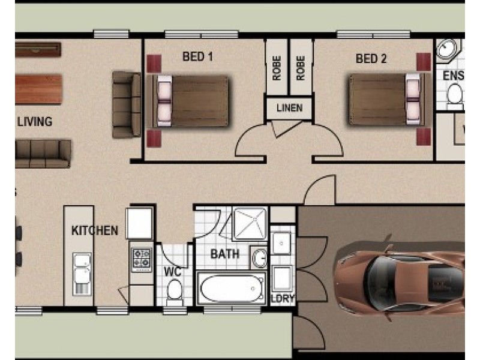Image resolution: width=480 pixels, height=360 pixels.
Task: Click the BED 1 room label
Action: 198,58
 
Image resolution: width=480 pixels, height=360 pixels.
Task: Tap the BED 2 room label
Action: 371,58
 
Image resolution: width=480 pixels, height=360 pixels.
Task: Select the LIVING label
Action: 35,122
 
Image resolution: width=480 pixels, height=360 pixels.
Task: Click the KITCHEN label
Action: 95,230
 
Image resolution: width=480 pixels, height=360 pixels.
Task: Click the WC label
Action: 173,271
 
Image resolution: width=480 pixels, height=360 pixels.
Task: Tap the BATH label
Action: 225,254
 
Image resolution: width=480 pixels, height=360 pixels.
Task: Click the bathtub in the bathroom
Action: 232,289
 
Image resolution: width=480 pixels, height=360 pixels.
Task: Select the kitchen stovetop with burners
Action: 142,259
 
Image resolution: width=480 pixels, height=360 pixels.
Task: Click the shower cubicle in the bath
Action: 249,223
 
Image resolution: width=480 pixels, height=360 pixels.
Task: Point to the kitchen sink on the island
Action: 82,274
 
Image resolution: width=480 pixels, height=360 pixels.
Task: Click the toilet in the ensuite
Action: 455,94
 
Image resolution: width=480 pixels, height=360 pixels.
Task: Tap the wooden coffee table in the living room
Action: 38,89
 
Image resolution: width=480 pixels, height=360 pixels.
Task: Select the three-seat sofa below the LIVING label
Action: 43,153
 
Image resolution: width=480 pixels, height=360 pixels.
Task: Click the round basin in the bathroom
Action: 259,257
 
